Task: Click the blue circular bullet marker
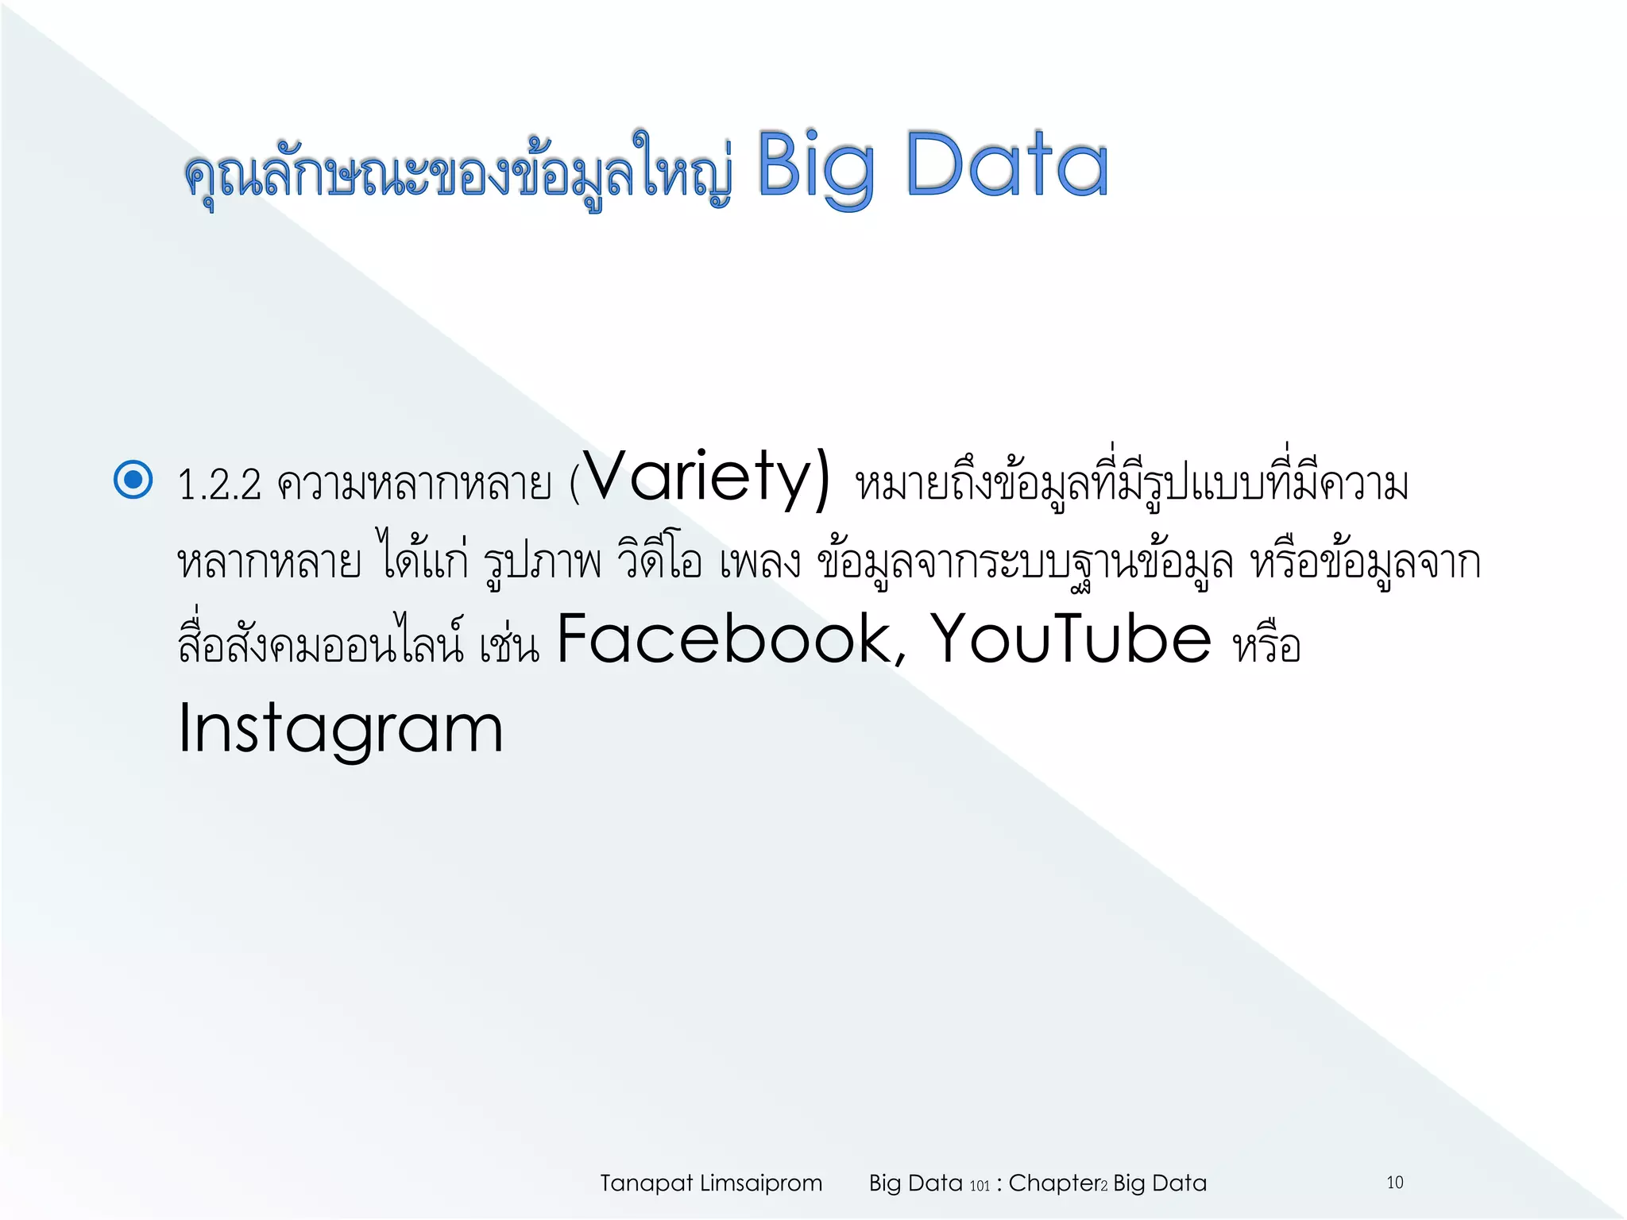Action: [133, 480]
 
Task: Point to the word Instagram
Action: [341, 729]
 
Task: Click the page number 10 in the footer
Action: [1395, 1183]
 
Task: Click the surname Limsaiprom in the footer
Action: [760, 1183]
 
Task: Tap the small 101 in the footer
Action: [980, 1186]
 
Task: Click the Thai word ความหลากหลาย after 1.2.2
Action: [414, 485]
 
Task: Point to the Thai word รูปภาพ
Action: [543, 562]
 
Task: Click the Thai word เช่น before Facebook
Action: [509, 645]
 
